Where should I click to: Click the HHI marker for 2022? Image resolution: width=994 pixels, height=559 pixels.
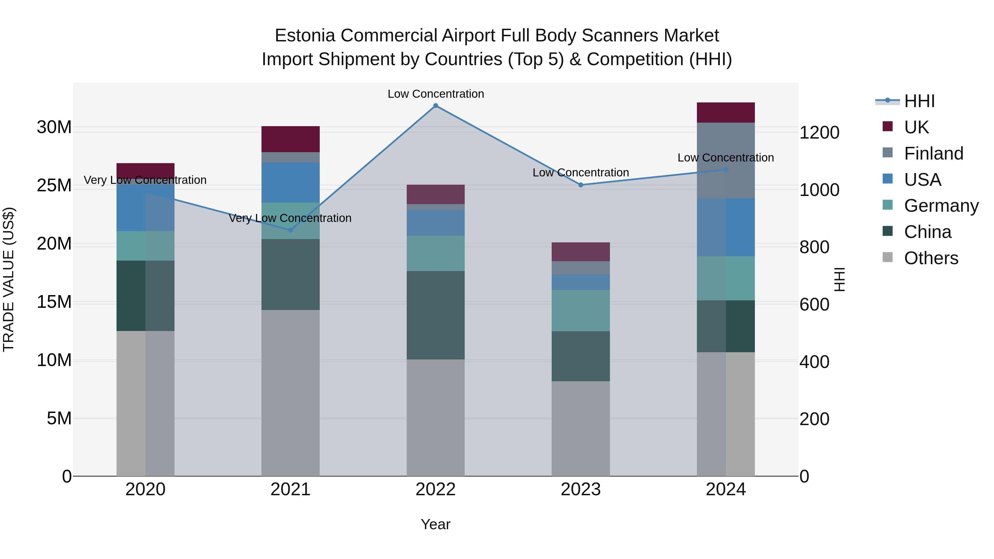pos(436,106)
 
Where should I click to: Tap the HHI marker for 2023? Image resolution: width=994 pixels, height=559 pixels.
pos(581,185)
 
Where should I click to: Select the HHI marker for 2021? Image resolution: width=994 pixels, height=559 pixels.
pos(290,230)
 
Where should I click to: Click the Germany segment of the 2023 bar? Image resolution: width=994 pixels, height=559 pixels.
pos(581,310)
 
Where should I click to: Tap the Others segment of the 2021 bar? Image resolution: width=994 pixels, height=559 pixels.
pos(290,393)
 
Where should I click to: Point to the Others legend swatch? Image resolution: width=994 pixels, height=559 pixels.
pos(887,257)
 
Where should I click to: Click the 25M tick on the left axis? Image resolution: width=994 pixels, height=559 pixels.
pos(54,186)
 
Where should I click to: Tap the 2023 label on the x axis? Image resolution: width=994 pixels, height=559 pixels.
pos(581,489)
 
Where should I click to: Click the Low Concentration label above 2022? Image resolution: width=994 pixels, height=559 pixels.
pos(436,94)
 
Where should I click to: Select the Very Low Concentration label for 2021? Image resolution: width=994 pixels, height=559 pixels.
pos(290,218)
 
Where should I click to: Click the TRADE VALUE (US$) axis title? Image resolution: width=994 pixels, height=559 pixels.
pos(9,279)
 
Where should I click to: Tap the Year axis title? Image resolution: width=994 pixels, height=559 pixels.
pos(436,524)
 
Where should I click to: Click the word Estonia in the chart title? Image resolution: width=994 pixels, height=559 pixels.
pos(305,36)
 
